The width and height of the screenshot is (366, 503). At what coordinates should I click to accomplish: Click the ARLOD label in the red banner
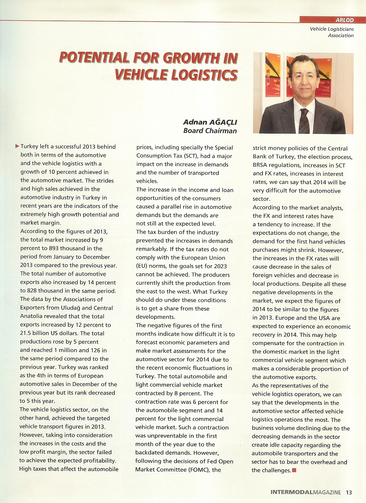pos(344,20)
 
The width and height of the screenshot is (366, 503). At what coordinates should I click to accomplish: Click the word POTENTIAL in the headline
pos(94,58)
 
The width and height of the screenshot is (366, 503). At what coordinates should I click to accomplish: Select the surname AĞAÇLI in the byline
pos(223,122)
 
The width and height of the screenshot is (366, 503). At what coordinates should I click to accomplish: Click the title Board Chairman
pos(210,131)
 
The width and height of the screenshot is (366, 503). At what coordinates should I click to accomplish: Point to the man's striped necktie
pos(304,121)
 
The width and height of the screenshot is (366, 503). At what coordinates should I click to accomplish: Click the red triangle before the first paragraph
pos(17,146)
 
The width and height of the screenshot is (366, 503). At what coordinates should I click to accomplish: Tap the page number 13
pos(349,492)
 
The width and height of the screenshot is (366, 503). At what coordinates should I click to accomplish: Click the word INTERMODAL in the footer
pos(292,492)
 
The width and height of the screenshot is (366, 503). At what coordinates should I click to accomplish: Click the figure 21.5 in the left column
pos(26,333)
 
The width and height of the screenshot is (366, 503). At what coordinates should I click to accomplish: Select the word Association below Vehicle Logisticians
pos(341,36)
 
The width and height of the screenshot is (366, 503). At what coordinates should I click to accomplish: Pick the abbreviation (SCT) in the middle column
pos(189,156)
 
